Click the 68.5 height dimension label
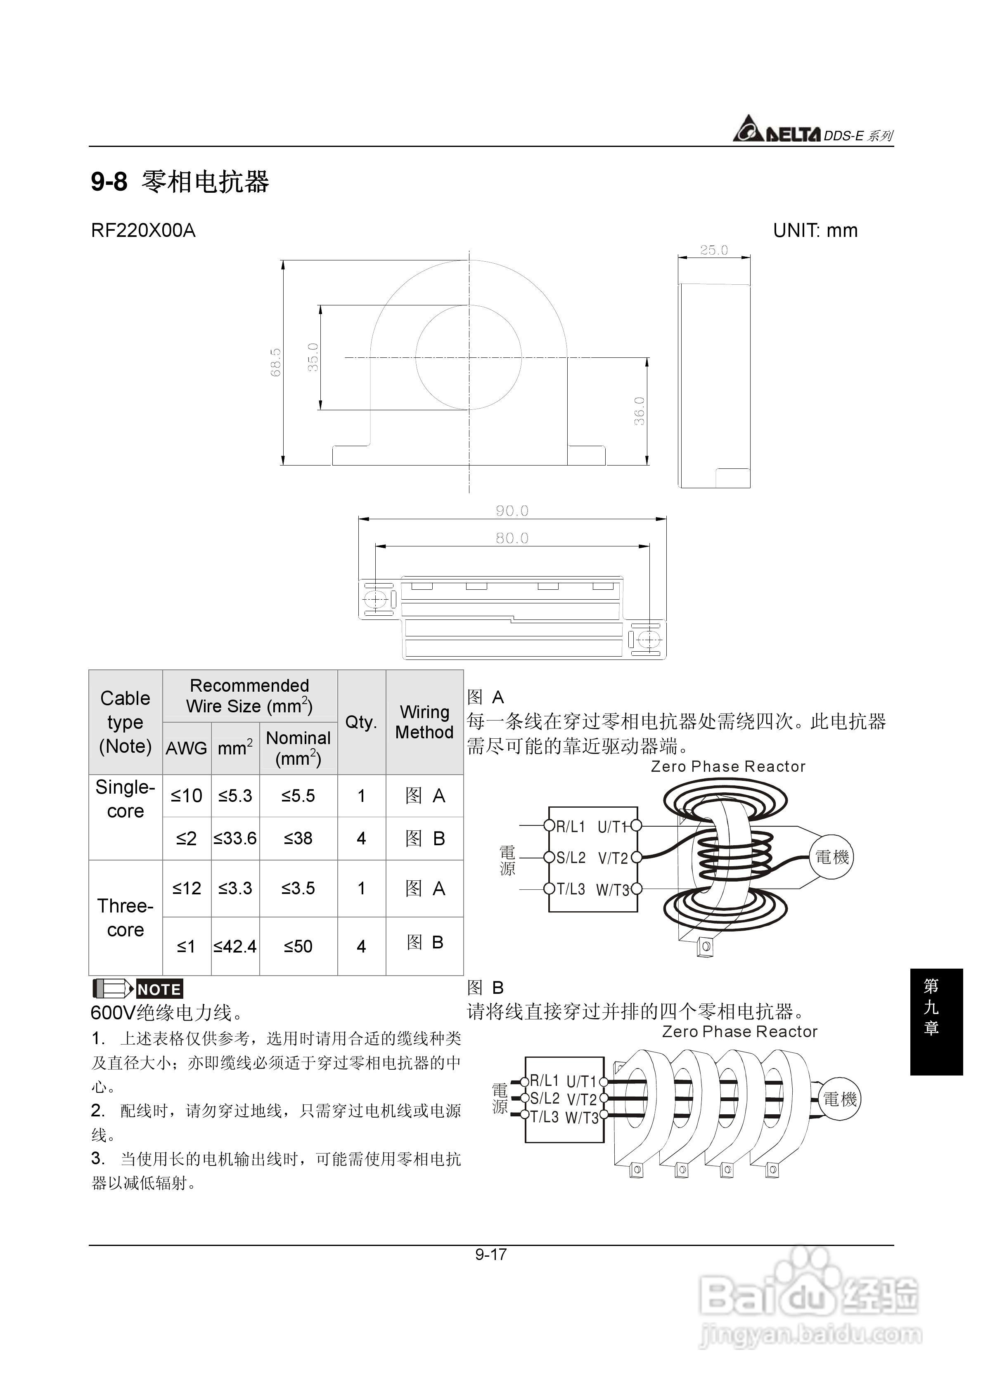[x=276, y=362]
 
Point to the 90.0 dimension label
[x=512, y=511]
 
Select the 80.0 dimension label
[x=512, y=538]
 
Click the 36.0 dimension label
[x=639, y=411]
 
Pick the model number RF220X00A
[x=143, y=231]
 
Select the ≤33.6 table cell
[x=235, y=839]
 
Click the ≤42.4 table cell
[x=235, y=946]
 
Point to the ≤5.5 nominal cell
[x=298, y=796]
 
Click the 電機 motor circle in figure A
[x=832, y=857]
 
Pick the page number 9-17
[x=490, y=1254]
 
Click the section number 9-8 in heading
[x=109, y=182]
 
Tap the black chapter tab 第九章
[x=936, y=1022]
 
